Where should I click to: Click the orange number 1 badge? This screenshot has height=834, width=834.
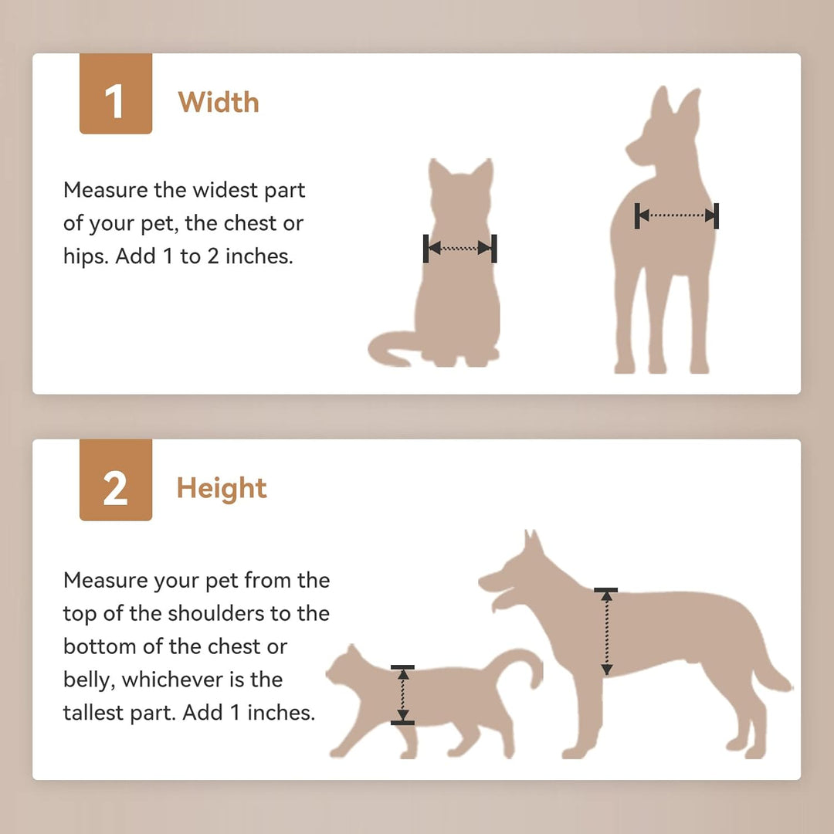pos(115,93)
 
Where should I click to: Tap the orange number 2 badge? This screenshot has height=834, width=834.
pos(115,480)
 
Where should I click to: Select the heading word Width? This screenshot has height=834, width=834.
pos(219,102)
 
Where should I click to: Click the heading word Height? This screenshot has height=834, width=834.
pos(222,488)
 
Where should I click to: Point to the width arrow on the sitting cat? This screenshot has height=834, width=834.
pos(459,248)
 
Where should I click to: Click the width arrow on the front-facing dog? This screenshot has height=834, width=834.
pos(676,216)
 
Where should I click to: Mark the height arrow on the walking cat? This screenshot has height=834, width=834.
pos(402,695)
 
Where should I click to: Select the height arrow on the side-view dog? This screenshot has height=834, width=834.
pos(606,632)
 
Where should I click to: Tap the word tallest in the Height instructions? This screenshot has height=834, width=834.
pos(92,712)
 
